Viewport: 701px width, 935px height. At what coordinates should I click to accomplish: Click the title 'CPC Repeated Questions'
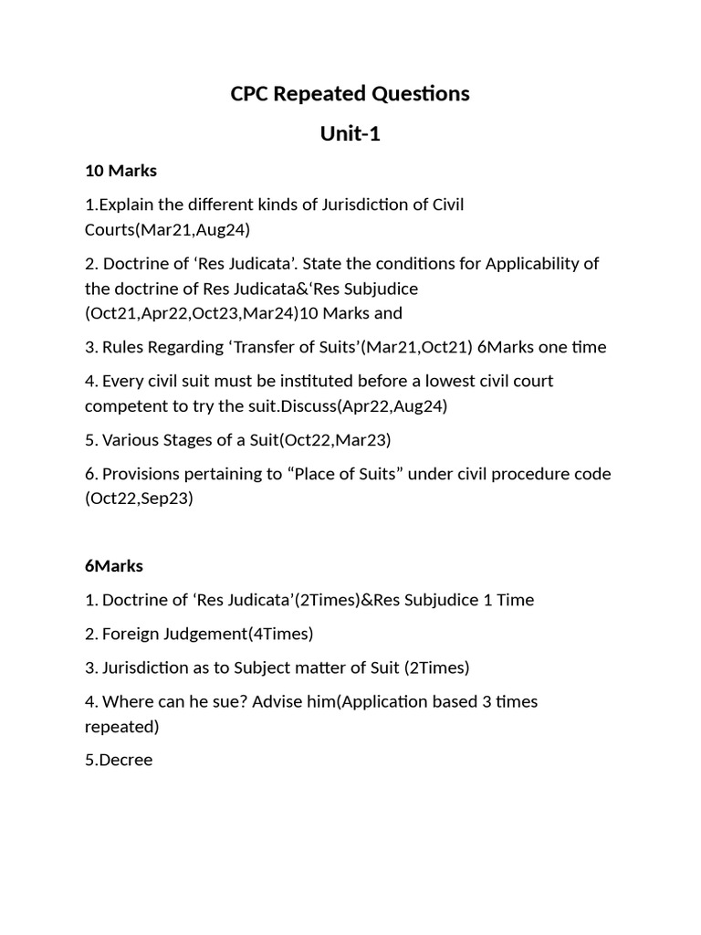coord(350,93)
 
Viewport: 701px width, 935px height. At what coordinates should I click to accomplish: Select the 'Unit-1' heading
coord(350,134)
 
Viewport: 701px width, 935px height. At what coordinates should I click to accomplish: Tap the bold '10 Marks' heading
coord(120,171)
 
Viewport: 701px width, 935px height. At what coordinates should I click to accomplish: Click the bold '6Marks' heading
coord(114,566)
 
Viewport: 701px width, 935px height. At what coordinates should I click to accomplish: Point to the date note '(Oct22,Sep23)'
coord(139,499)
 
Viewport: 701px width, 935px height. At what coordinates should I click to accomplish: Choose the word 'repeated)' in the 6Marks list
coord(121,727)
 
